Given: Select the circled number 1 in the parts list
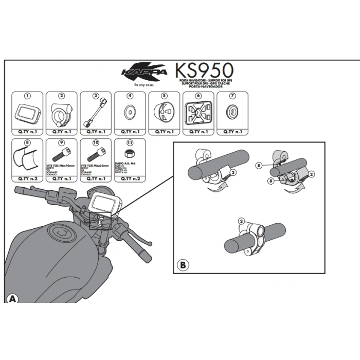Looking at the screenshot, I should [27, 96].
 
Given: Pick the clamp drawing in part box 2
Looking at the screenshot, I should [62, 113].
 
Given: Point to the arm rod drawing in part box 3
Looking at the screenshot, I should [96, 112].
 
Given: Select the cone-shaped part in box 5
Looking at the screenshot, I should [164, 113].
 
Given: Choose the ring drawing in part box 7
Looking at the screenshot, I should [232, 112].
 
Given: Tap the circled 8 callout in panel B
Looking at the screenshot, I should [259, 165].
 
